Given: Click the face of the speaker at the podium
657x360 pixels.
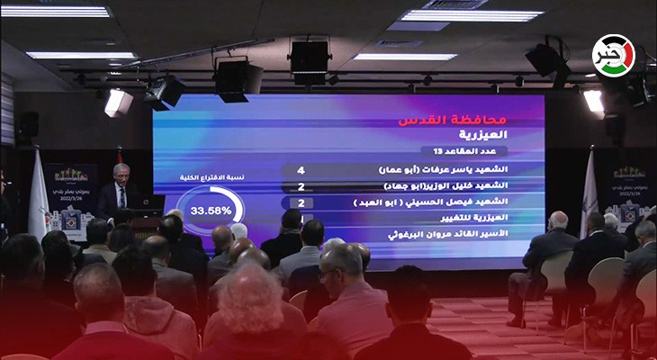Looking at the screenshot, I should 120,175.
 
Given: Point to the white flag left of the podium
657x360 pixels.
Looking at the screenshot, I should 37,202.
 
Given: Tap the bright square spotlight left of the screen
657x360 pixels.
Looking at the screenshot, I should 118,103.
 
